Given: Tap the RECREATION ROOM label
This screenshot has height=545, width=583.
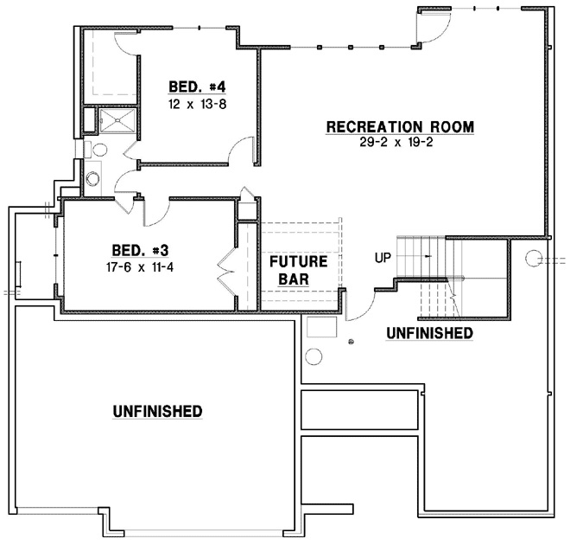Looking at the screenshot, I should [399, 127].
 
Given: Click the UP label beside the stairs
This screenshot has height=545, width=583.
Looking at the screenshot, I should [383, 257].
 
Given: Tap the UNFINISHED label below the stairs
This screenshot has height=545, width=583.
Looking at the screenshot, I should [428, 332].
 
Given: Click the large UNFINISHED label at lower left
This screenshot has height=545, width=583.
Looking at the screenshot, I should [157, 411].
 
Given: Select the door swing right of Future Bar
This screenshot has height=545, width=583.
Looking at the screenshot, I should [360, 305].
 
